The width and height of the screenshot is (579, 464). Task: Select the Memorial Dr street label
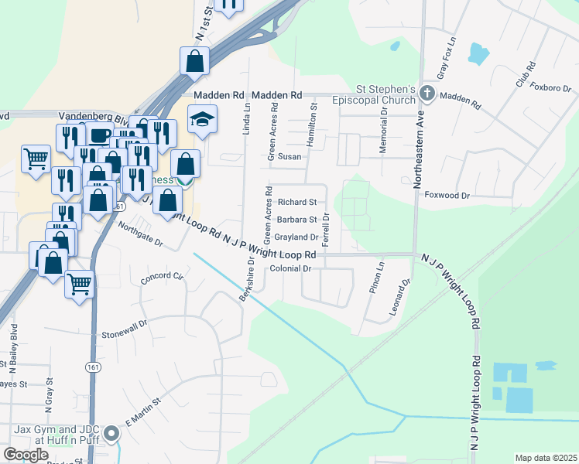[x=384, y=123]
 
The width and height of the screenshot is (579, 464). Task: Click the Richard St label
[x=297, y=202]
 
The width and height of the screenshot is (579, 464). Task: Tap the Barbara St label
[x=297, y=219]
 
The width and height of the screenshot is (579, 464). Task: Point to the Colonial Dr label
[x=290, y=268]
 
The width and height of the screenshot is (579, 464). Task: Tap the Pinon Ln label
[x=379, y=277]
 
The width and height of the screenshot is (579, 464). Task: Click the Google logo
[x=26, y=455]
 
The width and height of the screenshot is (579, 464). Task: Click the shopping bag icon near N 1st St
[x=195, y=60]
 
